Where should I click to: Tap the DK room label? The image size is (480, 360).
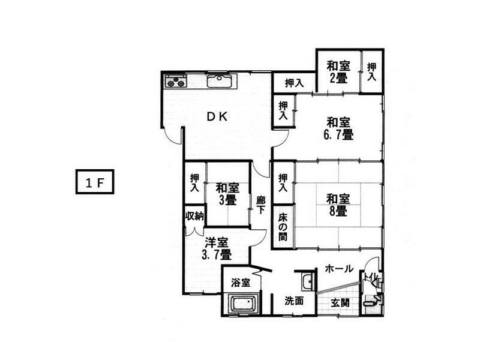pos(217,117)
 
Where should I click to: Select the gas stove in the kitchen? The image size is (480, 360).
pos(175,80)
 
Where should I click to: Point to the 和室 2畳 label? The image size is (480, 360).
pos(338,71)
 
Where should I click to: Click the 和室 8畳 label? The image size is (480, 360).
pos(337,204)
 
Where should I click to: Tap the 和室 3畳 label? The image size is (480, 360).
pos(227,193)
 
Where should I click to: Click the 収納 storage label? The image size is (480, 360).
pos(194,216)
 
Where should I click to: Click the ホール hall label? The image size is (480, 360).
pos(339,269)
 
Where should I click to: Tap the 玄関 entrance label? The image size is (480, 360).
pos(340,302)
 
